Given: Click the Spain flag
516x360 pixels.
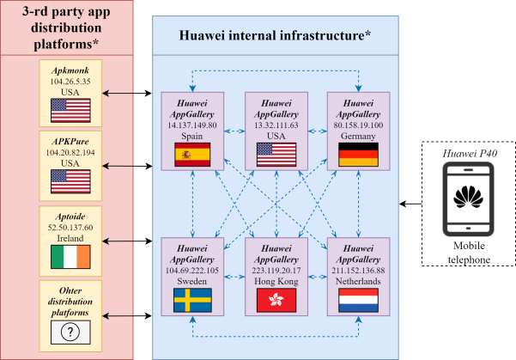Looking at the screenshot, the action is tap(192, 155).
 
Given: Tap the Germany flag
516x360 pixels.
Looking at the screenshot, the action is tap(358, 155).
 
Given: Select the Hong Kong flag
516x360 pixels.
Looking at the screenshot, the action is tap(276, 300).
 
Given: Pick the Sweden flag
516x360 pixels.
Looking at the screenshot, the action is tap(192, 300).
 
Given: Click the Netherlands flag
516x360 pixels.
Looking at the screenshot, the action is tap(358, 300).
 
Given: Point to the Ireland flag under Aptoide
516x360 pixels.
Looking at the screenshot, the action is tap(70, 257).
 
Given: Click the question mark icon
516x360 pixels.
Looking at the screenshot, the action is tap(70, 332).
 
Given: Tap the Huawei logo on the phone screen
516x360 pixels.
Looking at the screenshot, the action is tap(468, 197).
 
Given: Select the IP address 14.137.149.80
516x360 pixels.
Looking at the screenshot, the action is tap(192, 125).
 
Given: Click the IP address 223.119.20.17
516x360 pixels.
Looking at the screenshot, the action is tap(276, 271).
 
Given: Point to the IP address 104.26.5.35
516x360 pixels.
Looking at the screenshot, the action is tap(70, 82).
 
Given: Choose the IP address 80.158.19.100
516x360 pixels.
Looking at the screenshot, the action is tap(358, 125).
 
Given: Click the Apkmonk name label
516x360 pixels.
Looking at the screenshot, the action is tap(70, 70).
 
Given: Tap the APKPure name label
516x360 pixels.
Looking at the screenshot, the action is tap(70, 142).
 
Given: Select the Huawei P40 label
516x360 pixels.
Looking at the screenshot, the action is tap(470, 154).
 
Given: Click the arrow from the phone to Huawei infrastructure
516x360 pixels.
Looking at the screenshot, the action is tap(410, 204).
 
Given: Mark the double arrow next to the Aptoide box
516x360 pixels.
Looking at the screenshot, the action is tap(127, 241).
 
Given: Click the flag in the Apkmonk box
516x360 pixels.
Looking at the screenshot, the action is tap(70, 110).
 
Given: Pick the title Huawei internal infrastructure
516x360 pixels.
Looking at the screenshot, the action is tap(275, 35).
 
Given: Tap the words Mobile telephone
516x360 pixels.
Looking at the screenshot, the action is tap(469, 253).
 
